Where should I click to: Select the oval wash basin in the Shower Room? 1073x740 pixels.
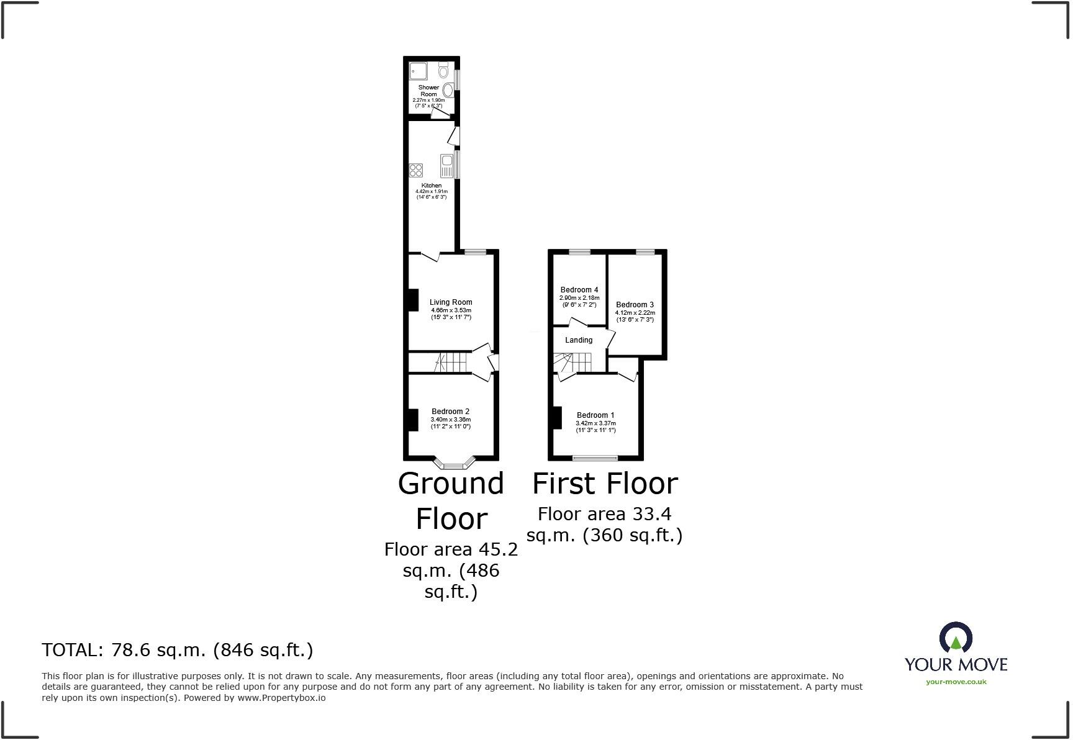448,91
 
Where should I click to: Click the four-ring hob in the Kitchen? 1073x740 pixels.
416,169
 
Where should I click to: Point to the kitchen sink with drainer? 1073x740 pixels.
447,166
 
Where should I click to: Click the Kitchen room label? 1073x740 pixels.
432,186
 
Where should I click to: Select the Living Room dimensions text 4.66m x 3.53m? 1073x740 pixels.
451,310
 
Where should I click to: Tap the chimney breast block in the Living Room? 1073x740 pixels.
412,300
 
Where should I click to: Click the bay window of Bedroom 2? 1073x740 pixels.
454,463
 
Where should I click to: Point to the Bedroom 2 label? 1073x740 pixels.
451,412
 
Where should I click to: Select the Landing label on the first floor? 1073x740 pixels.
579,340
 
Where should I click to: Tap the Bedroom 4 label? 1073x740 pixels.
579,290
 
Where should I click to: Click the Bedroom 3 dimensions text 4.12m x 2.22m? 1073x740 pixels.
635,313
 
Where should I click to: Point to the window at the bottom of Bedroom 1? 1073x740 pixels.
595,458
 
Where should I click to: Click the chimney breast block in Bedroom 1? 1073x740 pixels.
557,417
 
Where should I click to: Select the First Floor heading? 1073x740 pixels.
605,484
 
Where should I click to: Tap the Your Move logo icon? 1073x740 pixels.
955,638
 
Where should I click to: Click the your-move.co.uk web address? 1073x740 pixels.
956,682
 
